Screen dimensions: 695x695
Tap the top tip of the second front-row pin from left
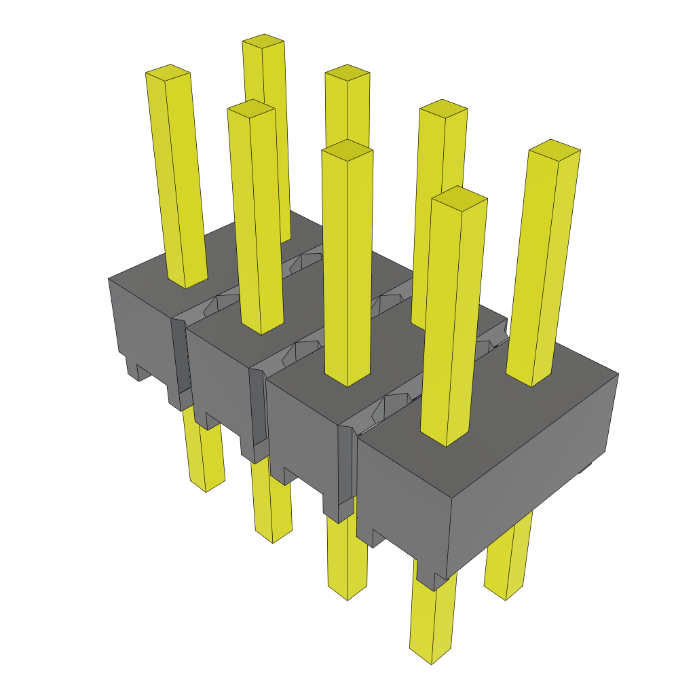point(251,107)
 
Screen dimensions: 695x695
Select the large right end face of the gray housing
point(536,475)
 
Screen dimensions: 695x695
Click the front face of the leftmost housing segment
point(139,326)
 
